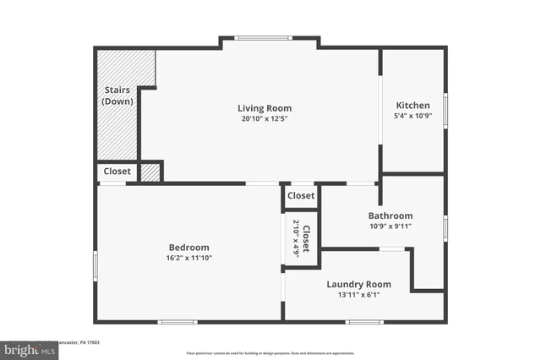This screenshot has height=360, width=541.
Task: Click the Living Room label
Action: click(264, 107)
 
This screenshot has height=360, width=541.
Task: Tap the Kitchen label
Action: click(413, 106)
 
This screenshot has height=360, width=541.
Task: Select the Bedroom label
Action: click(189, 247)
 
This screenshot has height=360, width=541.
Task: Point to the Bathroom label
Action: click(390, 215)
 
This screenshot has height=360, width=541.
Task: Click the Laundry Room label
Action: click(358, 284)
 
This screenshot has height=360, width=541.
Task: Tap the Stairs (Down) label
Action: click(117, 95)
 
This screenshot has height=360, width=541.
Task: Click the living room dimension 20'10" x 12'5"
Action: click(264, 119)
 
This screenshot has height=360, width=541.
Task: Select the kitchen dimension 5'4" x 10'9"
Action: click(413, 117)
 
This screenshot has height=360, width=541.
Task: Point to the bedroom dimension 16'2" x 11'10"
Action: click(189, 258)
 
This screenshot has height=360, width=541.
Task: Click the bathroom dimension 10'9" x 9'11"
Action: click(390, 226)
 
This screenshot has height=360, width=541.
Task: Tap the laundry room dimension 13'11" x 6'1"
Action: click(358, 295)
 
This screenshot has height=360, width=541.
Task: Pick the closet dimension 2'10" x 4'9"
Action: click(296, 237)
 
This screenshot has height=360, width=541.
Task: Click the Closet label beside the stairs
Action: click(117, 172)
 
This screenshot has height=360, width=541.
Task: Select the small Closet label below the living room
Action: click(301, 196)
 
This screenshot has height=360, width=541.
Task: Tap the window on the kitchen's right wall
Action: click(445, 110)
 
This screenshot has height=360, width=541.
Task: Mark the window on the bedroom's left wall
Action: click(96, 267)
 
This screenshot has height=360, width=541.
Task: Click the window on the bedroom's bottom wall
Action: click(178, 321)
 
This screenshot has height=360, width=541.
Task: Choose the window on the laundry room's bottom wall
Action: click(364, 321)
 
